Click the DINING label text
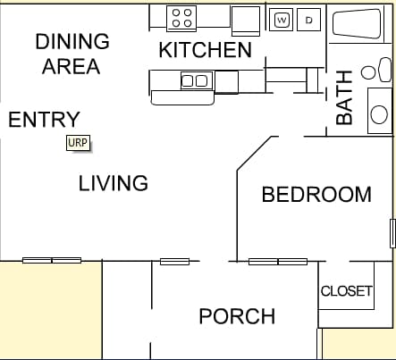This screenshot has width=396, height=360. click(72, 41)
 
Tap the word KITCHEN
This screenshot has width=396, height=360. click(206, 50)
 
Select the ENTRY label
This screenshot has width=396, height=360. click(44, 120)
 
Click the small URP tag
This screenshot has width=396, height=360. click(78, 143)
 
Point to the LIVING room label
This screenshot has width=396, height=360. click(114, 183)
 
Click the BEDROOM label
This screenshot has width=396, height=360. click(316, 195)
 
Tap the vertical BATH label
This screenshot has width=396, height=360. click(344, 97)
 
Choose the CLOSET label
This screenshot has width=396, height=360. click(347, 291)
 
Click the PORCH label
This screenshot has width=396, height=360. click(237, 316)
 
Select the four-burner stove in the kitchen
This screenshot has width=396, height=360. click(181, 18)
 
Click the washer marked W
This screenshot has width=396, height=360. click(282, 20)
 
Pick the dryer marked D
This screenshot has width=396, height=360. click(309, 20)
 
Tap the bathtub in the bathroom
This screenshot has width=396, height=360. click(357, 24)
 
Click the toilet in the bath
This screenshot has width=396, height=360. click(377, 71)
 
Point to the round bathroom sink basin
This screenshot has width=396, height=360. click(379, 114)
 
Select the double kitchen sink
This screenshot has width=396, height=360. click(197, 80)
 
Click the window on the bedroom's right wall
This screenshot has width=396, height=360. click(393, 233)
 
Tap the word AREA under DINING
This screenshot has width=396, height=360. click(71, 66)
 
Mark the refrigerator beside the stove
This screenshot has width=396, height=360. click(246, 21)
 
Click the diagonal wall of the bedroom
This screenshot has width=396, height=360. click(254, 154)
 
